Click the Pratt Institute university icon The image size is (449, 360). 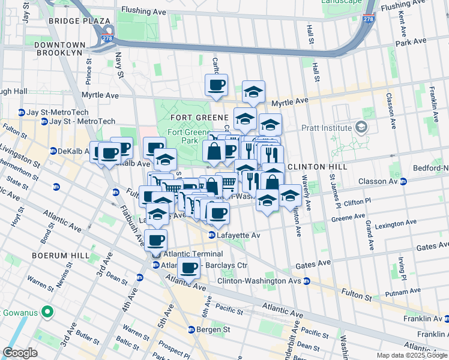tap(361, 127)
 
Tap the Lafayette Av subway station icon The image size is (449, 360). tap(212, 236)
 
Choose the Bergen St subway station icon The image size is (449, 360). tap(191, 329)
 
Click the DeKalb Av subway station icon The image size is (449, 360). tap(53, 151)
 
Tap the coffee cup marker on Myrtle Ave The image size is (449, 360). tap(216, 85)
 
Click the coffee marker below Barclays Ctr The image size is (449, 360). tap(189, 268)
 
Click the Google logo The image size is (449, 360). tap(20, 353)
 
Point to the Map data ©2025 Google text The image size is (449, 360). tap(411, 355)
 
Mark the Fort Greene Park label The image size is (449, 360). tap(182, 136)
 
